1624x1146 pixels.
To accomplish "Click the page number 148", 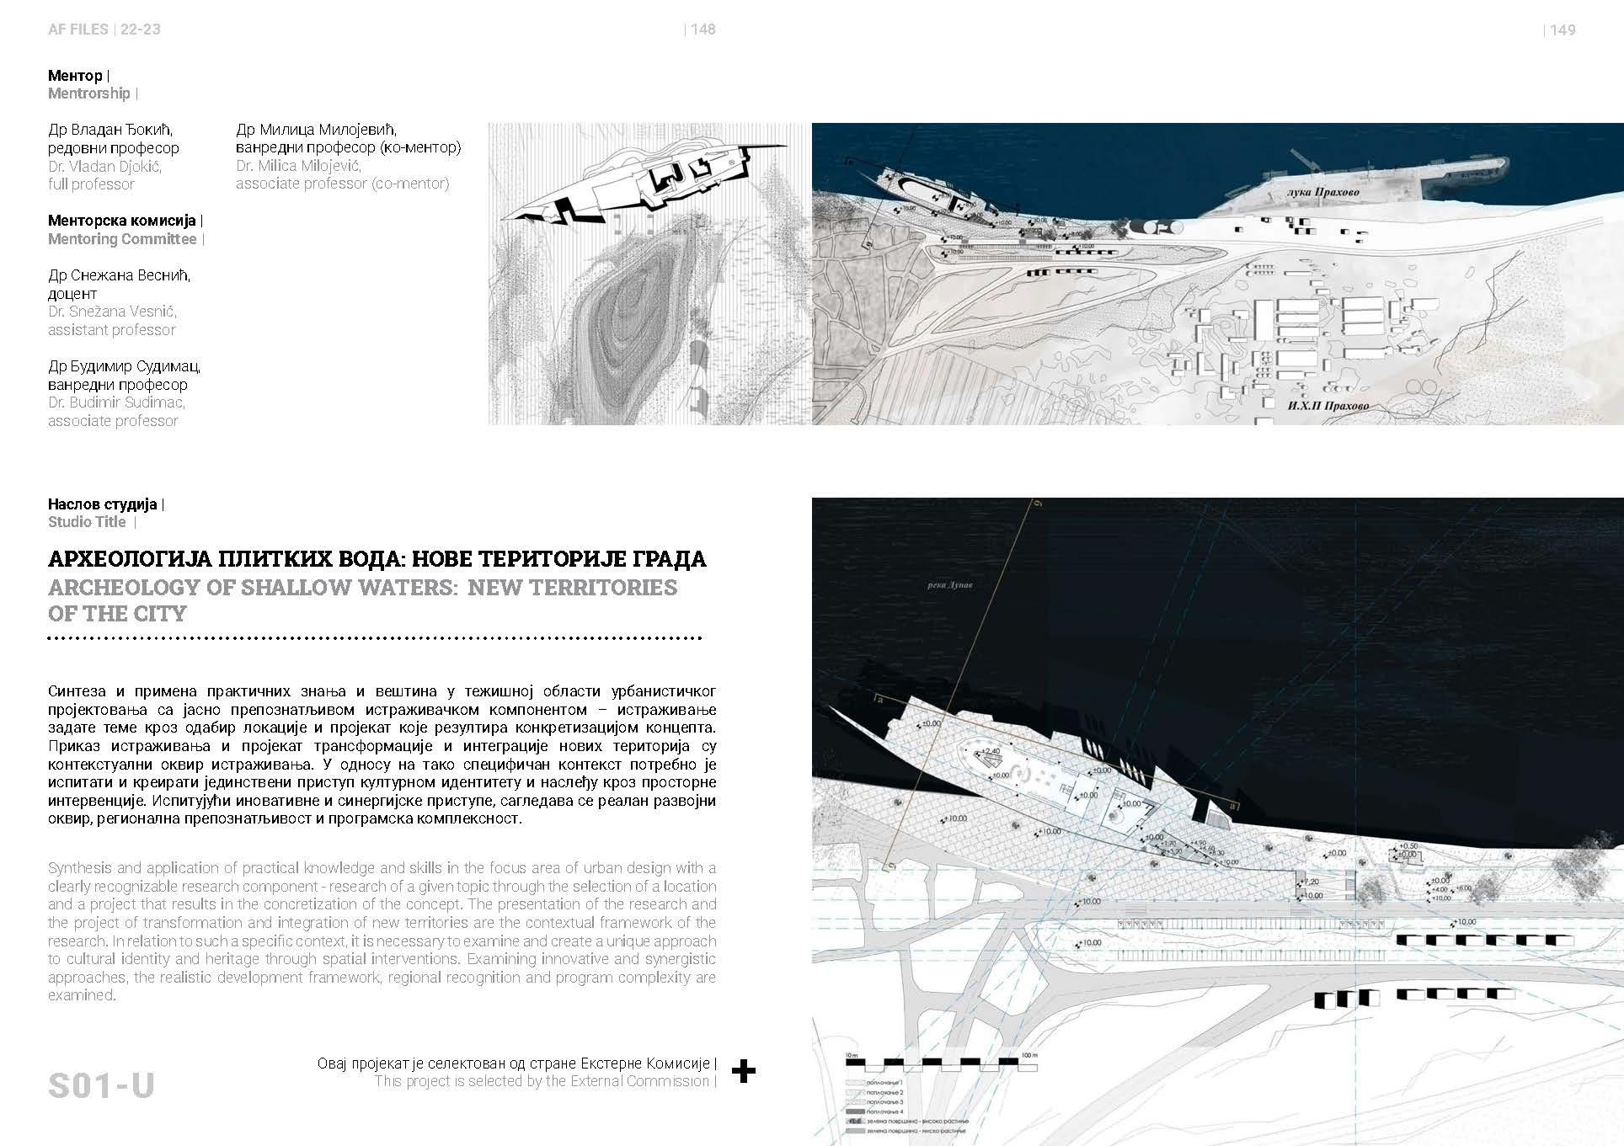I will (x=702, y=29).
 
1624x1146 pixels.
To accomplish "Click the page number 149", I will (x=1563, y=29).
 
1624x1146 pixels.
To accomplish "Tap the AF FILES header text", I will (x=78, y=29).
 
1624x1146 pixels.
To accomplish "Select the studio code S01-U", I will (x=101, y=1085).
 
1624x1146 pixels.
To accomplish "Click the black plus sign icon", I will (x=743, y=1071).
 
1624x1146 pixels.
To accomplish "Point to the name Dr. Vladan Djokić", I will (x=104, y=166).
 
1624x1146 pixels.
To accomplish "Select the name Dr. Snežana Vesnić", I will (x=112, y=312).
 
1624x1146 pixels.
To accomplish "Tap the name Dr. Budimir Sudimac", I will (x=116, y=402).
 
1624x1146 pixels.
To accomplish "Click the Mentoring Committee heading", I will (x=122, y=239).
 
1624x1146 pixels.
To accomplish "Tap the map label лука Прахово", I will (x=1322, y=193).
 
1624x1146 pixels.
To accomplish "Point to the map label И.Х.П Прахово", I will (x=1328, y=406).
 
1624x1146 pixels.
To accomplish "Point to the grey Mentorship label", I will (x=88, y=93).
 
